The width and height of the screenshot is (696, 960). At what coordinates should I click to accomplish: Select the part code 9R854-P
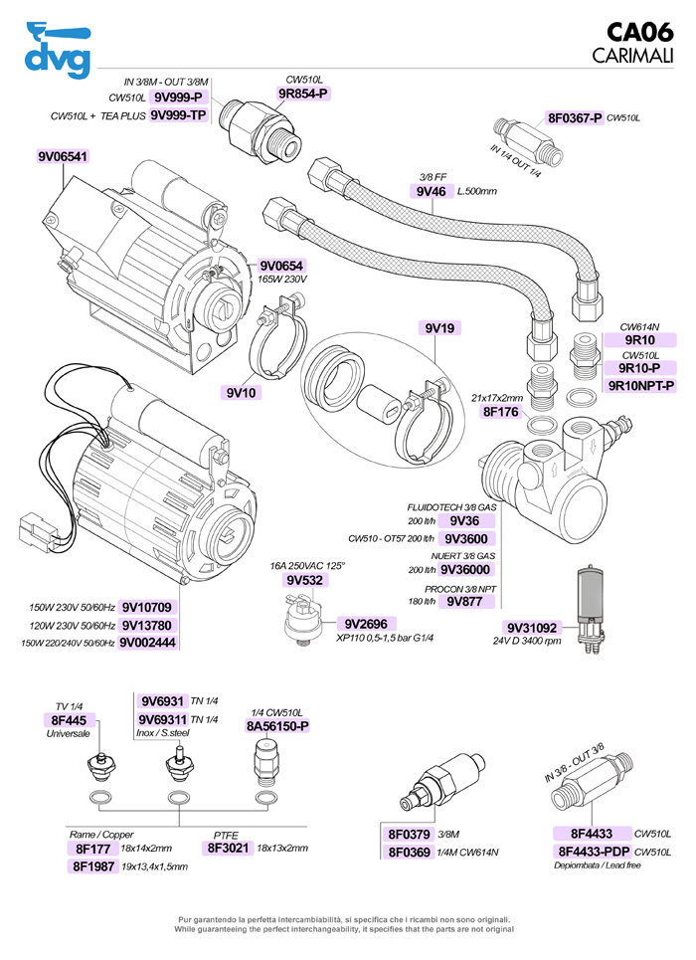[303, 94]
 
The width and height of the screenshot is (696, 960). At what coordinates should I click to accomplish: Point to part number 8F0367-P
[575, 118]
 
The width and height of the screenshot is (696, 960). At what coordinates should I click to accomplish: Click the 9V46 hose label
[430, 191]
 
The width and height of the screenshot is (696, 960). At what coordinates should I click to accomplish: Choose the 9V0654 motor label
[281, 266]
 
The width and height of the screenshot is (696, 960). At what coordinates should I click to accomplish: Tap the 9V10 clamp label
[242, 392]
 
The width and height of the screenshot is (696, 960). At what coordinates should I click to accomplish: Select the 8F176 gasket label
[501, 410]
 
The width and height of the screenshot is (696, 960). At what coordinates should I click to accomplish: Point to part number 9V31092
[533, 627]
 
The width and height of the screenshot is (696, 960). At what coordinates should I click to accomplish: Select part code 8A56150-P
[277, 726]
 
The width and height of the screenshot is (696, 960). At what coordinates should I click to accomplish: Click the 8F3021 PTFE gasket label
[228, 848]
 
